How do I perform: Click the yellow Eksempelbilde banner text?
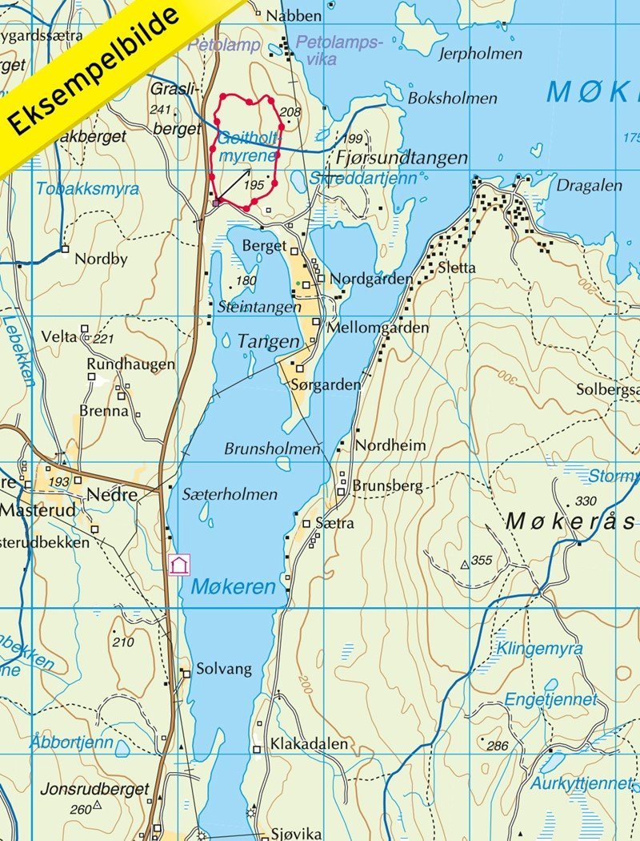[96, 72]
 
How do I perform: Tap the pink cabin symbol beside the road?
[179, 565]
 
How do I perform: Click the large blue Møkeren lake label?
[233, 588]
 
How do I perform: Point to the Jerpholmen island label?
[480, 54]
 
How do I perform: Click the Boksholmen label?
[452, 99]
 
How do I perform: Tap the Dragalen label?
[589, 185]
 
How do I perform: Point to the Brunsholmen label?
[271, 449]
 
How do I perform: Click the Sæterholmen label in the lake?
[230, 494]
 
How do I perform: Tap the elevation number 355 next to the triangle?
[482, 561]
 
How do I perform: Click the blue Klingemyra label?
[539, 649]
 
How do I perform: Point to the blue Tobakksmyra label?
[87, 190]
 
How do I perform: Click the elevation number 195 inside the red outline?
[254, 186]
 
